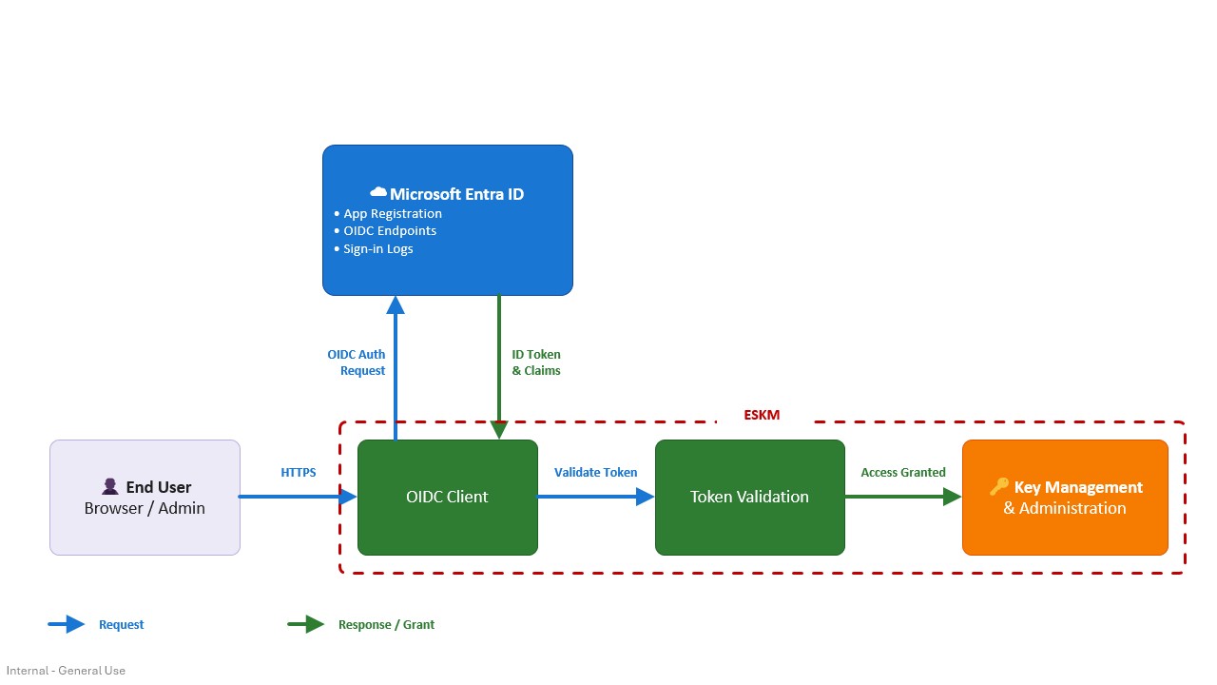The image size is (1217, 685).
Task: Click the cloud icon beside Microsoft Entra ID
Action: (x=378, y=192)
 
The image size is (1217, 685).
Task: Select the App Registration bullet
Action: (x=388, y=214)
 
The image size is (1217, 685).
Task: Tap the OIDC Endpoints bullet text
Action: (x=390, y=231)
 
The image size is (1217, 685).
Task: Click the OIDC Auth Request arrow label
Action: (x=357, y=362)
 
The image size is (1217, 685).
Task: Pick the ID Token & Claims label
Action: (x=536, y=362)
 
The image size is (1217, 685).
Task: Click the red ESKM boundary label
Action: (x=762, y=416)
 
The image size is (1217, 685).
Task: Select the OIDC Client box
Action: (x=448, y=498)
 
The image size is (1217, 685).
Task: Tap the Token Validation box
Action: (x=750, y=498)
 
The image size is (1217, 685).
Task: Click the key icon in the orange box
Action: (x=998, y=486)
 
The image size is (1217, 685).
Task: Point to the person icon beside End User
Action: (x=109, y=486)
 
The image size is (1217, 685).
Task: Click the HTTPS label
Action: (x=299, y=473)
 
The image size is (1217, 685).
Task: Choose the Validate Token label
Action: (x=595, y=473)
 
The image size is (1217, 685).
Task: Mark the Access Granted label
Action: (x=903, y=473)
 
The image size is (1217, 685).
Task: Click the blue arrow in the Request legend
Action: (x=67, y=624)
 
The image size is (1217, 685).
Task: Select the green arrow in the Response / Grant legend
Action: (x=306, y=624)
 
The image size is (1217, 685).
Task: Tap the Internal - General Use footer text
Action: (x=66, y=671)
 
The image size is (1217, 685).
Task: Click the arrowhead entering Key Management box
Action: (x=953, y=497)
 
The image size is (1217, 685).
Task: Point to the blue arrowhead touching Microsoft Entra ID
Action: (x=396, y=305)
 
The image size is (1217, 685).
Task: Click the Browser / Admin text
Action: (x=145, y=508)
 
